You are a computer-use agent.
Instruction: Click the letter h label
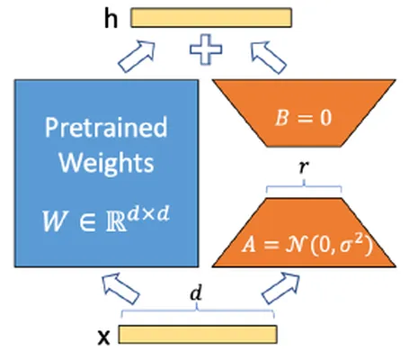coord(111,19)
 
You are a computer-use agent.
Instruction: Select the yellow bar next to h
coord(211,18)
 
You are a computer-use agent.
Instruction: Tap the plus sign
coord(206,49)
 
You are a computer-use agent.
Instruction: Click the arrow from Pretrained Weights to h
coord(138,57)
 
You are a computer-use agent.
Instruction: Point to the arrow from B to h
coord(268,58)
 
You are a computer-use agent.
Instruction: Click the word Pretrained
coord(106,128)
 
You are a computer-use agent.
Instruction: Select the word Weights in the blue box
coord(106,163)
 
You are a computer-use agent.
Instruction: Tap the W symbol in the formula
coord(54,221)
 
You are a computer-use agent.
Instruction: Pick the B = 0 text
coord(303,118)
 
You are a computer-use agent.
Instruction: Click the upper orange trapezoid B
coord(304,113)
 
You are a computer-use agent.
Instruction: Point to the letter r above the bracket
coord(304,166)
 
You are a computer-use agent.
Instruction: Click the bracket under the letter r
coord(304,186)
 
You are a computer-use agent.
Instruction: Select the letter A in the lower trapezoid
coord(249,244)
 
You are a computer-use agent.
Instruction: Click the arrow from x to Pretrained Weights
coord(120,289)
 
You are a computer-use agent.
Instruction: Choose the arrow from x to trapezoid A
coord(281,288)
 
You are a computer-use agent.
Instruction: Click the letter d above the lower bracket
coord(196,293)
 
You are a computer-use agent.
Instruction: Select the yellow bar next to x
coord(198,335)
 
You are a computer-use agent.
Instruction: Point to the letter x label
coord(104,337)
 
